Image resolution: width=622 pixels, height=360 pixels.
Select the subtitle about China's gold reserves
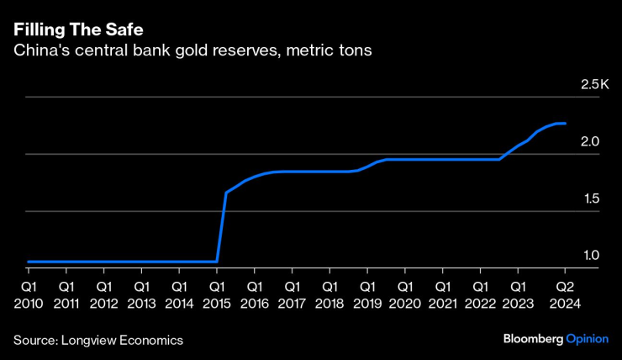pyautogui.click(x=192, y=51)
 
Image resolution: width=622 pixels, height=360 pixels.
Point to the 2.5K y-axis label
pyautogui.click(x=594, y=85)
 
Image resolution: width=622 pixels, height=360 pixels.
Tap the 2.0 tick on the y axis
pyautogui.click(x=589, y=142)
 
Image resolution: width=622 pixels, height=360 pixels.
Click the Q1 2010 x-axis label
pyautogui.click(x=29, y=295)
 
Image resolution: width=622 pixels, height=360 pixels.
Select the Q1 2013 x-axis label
pyautogui.click(x=141, y=295)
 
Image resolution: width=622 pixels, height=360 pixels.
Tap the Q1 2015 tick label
pyautogui.click(x=217, y=295)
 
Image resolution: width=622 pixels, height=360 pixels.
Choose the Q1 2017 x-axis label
pyautogui.click(x=292, y=295)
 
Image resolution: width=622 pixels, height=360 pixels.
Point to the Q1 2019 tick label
pyautogui.click(x=367, y=295)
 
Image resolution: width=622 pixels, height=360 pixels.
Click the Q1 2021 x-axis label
pyautogui.click(x=443, y=295)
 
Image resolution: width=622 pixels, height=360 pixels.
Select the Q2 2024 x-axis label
pyautogui.click(x=565, y=295)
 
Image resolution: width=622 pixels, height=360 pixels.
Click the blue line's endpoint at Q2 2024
pyautogui.click(x=565, y=124)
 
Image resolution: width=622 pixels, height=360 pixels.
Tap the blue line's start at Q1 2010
pyautogui.click(x=29, y=262)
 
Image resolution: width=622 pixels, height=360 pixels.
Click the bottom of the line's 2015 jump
pyautogui.click(x=217, y=261)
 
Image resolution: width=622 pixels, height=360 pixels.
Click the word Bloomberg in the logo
pyautogui.click(x=533, y=339)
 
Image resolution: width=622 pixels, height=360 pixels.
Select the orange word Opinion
pyautogui.click(x=587, y=339)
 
